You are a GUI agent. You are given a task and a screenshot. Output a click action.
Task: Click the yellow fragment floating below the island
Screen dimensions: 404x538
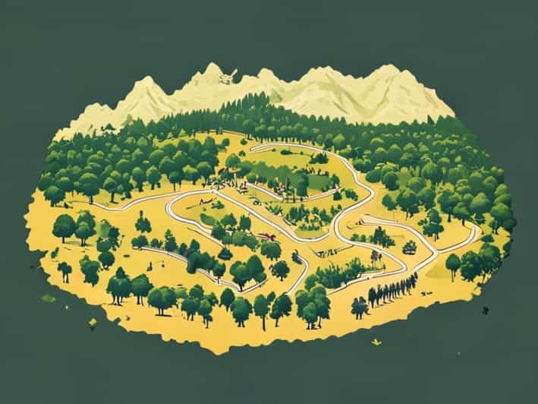(x=375, y=342)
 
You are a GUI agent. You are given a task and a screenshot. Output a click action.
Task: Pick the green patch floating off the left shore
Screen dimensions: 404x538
(x=48, y=298)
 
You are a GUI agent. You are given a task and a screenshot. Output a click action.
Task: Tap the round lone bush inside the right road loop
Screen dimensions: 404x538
(x=410, y=247)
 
